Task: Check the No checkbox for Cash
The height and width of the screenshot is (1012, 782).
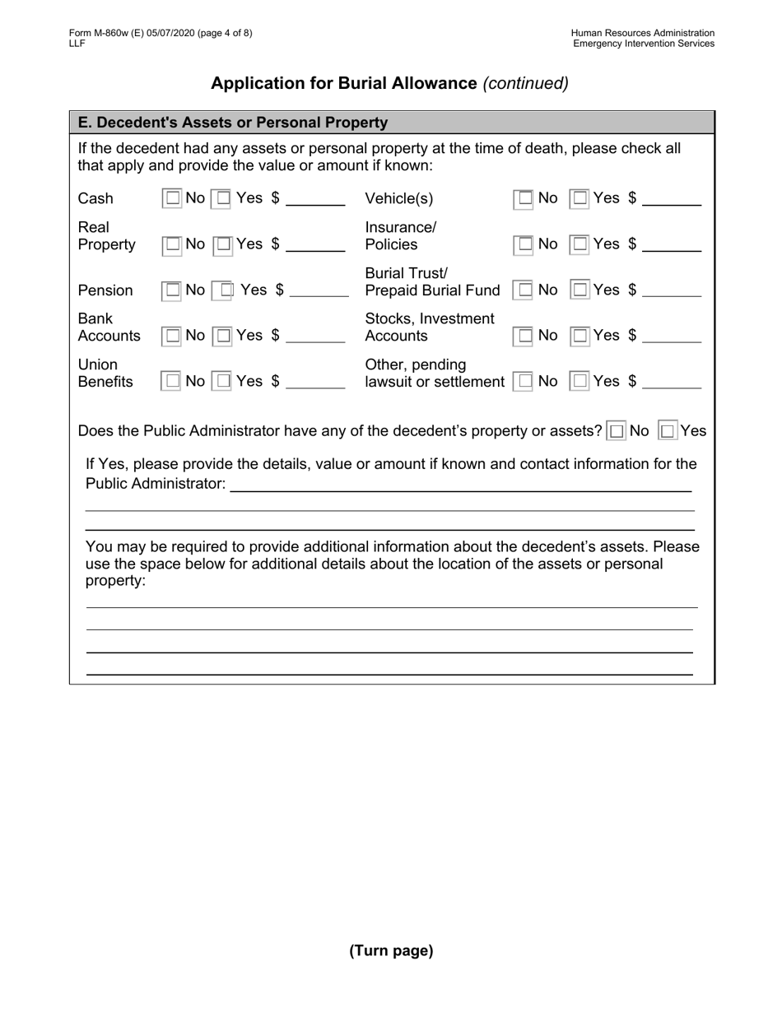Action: [172, 198]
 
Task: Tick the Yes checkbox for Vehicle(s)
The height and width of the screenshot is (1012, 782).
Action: [580, 198]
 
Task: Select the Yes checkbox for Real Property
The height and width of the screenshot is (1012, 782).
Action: [223, 244]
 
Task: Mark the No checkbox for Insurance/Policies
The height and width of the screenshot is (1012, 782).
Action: [524, 244]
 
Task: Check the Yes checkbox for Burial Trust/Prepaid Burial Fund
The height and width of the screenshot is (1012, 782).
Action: [580, 290]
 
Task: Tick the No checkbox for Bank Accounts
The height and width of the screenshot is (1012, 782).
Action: [172, 336]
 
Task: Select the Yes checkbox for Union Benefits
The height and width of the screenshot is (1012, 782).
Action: [223, 382]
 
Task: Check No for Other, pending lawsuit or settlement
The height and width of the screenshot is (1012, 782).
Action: [524, 382]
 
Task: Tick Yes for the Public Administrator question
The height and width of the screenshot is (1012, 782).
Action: [668, 430]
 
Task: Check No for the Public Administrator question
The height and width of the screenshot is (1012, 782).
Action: [617, 430]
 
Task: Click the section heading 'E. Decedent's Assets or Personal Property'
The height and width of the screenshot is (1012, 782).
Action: [233, 123]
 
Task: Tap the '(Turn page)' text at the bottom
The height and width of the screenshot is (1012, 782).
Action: [391, 951]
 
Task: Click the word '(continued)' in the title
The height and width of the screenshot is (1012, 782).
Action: [525, 83]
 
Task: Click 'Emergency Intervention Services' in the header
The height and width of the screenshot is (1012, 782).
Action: [644, 44]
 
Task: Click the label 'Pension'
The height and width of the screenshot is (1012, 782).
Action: [105, 290]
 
